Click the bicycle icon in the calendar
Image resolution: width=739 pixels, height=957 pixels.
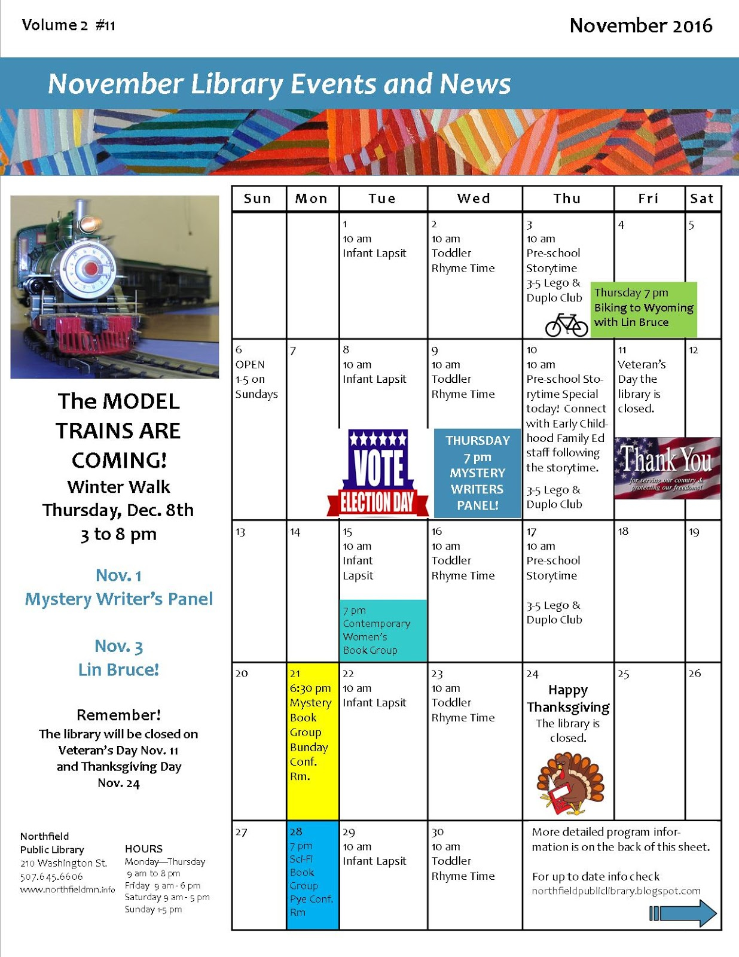click(566, 325)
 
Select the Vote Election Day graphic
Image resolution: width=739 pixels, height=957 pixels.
click(378, 473)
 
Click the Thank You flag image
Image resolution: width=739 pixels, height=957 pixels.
click(667, 468)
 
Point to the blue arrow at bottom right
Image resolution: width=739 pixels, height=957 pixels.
click(683, 913)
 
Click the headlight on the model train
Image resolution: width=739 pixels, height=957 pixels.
click(90, 224)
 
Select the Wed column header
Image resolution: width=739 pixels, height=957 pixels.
click(474, 199)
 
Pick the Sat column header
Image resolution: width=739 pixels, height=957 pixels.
click(702, 199)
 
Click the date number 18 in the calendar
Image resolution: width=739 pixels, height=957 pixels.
click(623, 531)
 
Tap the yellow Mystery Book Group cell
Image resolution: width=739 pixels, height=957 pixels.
click(313, 740)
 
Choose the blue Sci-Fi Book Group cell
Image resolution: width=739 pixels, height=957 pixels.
click(313, 875)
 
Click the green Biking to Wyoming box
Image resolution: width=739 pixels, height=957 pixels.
click(643, 308)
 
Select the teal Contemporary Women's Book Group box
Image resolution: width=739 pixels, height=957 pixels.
click(383, 630)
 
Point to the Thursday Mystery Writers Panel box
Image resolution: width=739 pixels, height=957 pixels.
click(477, 473)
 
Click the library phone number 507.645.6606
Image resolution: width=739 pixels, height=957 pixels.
click(51, 876)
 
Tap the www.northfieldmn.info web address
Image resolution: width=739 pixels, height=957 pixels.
click(68, 889)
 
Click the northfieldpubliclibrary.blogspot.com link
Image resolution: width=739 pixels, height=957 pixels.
click(616, 891)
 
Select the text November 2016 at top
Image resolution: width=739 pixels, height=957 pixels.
click(640, 26)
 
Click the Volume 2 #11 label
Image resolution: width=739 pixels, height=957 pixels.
click(69, 25)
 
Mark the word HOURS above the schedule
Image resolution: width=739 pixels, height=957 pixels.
click(143, 849)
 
